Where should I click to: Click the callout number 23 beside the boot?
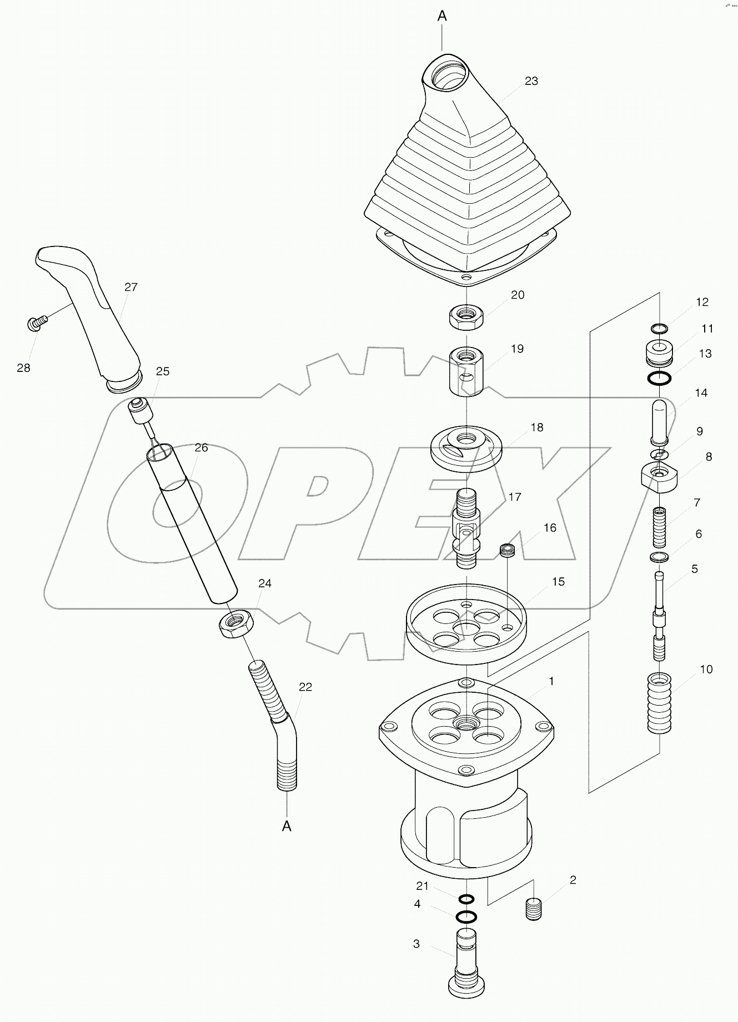pyautogui.click(x=531, y=81)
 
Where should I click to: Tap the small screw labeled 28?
pyautogui.click(x=36, y=323)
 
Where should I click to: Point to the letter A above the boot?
pyautogui.click(x=442, y=16)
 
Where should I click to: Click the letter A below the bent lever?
pyautogui.click(x=287, y=826)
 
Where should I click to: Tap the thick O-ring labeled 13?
pyautogui.click(x=659, y=379)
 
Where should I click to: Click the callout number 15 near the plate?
pyautogui.click(x=558, y=581)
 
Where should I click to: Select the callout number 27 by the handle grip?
pyautogui.click(x=131, y=287)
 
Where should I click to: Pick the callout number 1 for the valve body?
pyautogui.click(x=551, y=681)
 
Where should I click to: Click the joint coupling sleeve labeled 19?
pyautogui.click(x=466, y=371)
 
